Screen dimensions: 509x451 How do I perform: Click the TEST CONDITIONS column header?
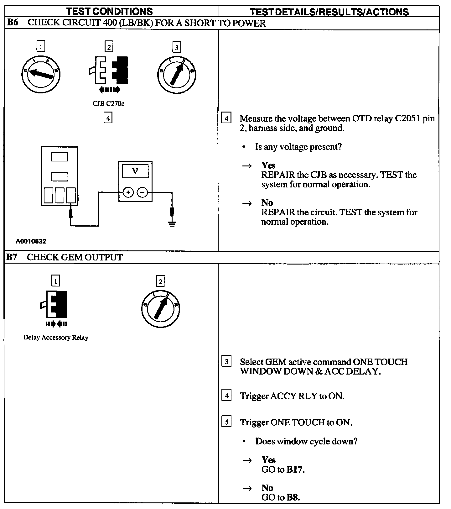coord(109,12)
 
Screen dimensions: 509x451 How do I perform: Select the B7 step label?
coord(12,257)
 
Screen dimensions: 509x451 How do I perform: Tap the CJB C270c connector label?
coord(108,103)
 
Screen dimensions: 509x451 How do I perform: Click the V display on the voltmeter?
coord(135,171)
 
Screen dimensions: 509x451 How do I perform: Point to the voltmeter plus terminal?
coord(128,192)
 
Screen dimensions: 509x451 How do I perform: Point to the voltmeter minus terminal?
coord(143,192)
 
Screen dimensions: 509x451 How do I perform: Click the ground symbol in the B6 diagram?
coord(172,223)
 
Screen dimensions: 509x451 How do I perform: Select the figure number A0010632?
coord(31,241)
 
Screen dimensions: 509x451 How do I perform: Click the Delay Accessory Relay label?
coord(56,338)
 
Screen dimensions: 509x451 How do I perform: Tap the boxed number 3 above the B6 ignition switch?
coord(176,47)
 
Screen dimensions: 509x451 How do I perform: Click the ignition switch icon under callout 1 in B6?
coord(41,74)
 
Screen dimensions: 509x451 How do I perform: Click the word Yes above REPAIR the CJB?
coord(268,165)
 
